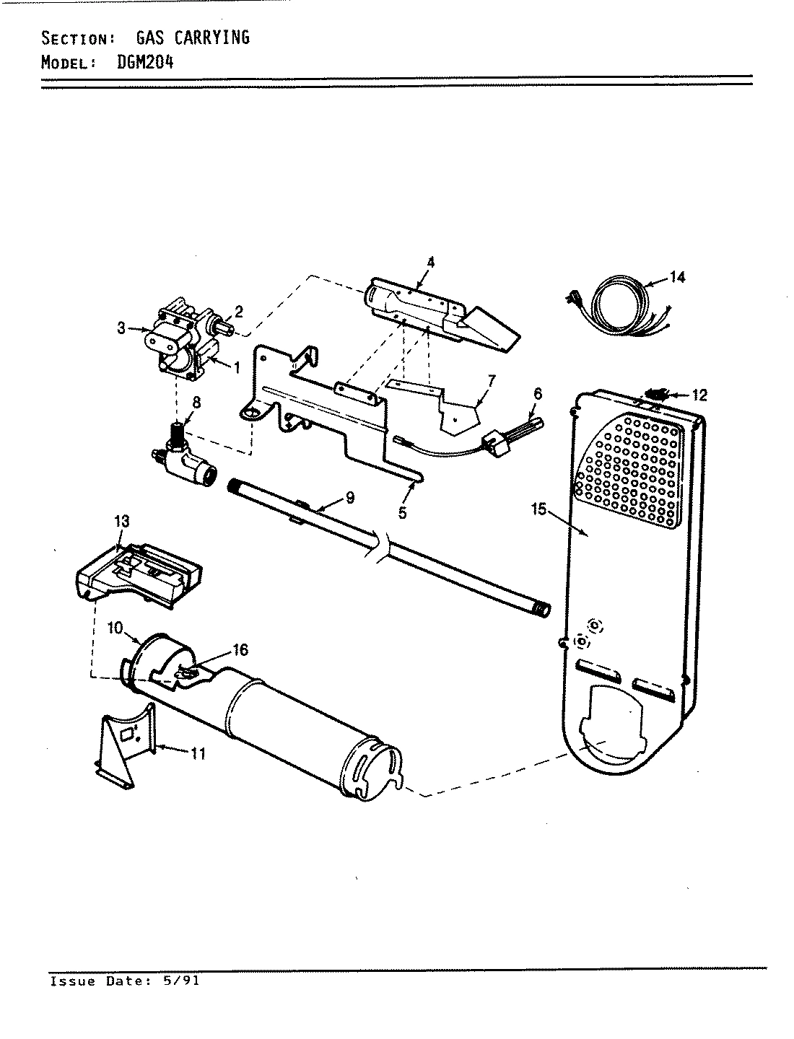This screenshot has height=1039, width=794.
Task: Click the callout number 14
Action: [677, 277]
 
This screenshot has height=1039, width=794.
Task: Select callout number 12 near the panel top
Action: [699, 395]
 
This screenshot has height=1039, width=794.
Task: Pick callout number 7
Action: [491, 380]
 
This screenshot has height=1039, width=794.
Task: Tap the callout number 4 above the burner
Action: [430, 263]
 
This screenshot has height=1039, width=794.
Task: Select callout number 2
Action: [238, 312]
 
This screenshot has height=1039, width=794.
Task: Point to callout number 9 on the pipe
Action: [349, 497]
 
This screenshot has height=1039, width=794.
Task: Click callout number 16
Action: [240, 650]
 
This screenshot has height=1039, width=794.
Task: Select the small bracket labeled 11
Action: [126, 743]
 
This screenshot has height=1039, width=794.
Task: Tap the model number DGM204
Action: [144, 61]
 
